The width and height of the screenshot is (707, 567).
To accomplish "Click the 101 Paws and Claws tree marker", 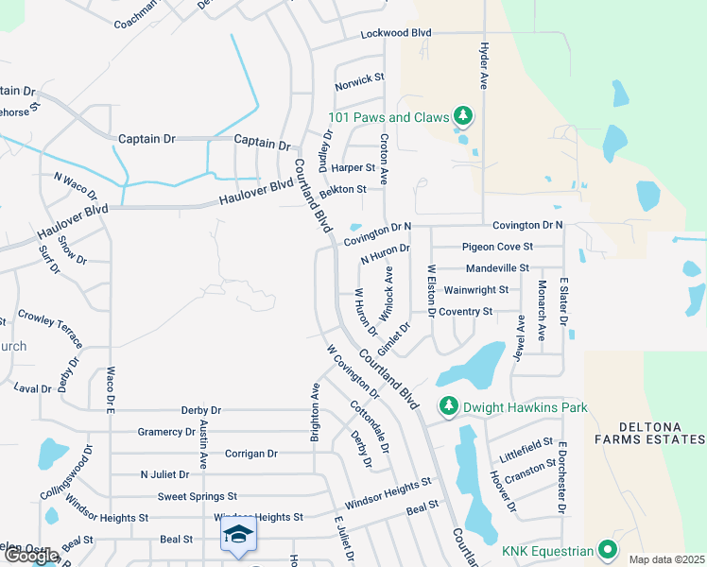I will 462,117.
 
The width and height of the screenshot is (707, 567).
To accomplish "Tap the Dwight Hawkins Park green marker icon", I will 447,407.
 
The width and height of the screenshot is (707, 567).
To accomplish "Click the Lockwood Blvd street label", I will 395,33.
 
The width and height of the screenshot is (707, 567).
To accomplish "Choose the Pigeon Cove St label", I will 497,247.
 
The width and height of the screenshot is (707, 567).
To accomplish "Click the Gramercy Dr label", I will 165,432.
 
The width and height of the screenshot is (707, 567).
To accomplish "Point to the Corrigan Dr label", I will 250,454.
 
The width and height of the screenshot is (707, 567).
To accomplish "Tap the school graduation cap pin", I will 239,536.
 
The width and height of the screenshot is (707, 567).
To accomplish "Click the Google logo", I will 31,556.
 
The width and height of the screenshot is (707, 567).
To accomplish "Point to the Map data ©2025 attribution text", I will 665,559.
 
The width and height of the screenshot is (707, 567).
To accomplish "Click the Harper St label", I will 353,167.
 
